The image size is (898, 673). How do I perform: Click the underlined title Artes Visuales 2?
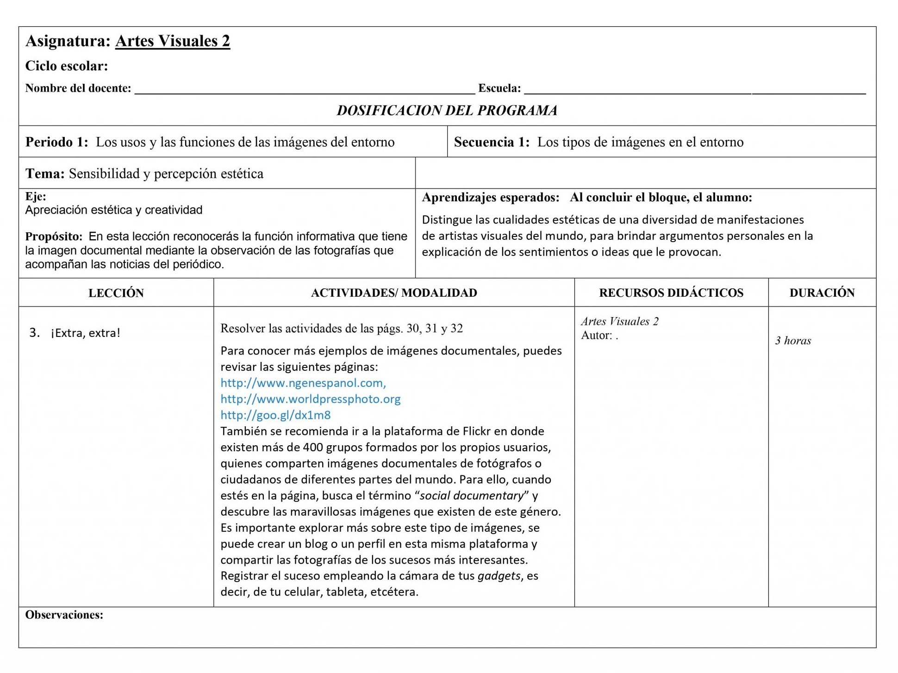tap(172, 41)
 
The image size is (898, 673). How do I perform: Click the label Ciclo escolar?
tap(66, 66)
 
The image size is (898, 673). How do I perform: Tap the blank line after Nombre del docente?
tap(304, 91)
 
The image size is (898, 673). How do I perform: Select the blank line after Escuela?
tap(694, 91)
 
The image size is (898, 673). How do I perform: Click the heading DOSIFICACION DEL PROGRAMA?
tap(447, 111)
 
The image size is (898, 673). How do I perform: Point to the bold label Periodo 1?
tap(56, 142)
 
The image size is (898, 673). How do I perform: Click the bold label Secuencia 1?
tap(492, 142)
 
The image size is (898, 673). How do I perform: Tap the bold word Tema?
tap(45, 174)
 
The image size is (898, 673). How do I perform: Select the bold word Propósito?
tap(54, 237)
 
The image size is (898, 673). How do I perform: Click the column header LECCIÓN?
tap(116, 293)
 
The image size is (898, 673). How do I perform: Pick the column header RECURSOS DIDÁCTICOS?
tap(671, 293)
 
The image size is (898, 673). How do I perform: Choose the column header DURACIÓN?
tap(822, 293)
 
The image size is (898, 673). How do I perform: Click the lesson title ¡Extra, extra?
tap(86, 333)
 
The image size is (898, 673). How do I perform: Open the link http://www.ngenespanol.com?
tap(303, 383)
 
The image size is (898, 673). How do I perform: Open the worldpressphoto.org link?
tap(310, 399)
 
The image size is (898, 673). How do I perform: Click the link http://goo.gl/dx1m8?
tap(275, 415)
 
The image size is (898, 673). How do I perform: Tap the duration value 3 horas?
tap(793, 341)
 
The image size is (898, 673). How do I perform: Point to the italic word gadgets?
tap(499, 576)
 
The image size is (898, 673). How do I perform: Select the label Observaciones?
tap(64, 615)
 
